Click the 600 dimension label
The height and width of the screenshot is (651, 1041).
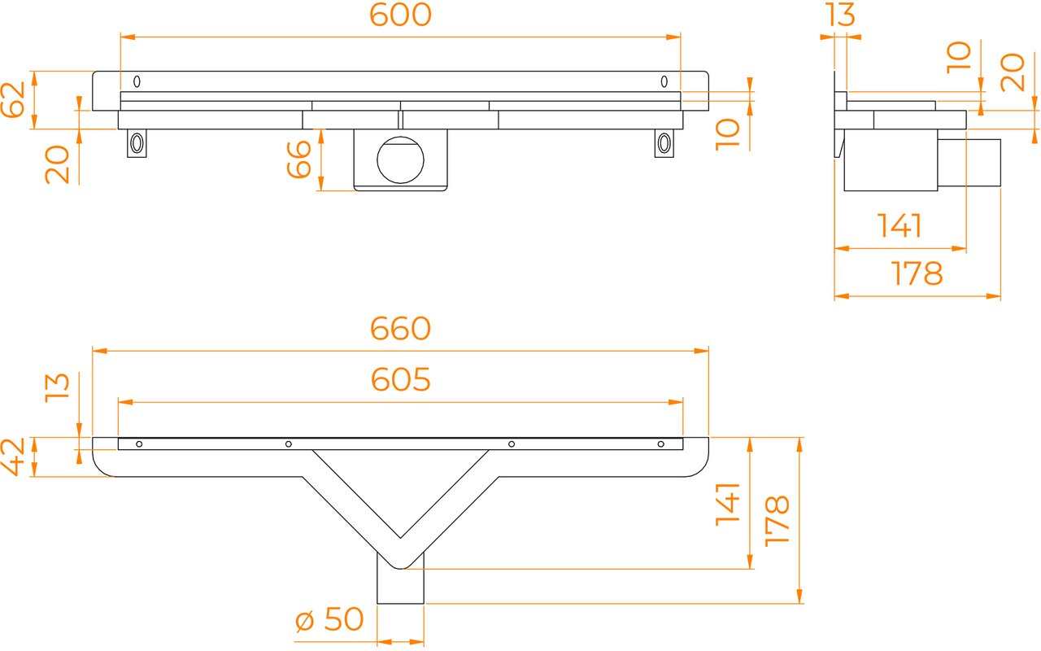click(x=401, y=15)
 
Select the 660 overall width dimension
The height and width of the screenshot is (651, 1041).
click(x=401, y=329)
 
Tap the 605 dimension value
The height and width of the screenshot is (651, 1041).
click(x=401, y=380)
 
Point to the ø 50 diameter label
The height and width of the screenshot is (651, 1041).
click(x=329, y=619)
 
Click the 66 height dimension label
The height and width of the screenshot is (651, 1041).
click(x=298, y=159)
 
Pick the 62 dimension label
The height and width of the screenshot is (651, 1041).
click(x=12, y=99)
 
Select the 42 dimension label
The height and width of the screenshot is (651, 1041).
click(x=12, y=457)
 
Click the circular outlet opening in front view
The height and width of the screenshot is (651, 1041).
click(x=401, y=160)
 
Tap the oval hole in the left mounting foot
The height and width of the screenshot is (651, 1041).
click(x=137, y=142)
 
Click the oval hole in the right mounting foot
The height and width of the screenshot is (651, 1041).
click(x=664, y=142)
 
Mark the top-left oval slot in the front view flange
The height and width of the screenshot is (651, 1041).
click(x=137, y=81)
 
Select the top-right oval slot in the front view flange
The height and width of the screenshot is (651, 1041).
click(x=664, y=81)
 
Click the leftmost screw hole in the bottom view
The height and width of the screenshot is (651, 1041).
click(x=139, y=444)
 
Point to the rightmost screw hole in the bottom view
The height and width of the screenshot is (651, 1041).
click(x=661, y=444)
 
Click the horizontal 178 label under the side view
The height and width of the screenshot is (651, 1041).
click(x=917, y=273)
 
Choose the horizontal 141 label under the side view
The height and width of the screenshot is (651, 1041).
click(x=899, y=226)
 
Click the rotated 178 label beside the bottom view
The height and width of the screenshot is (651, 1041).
click(x=777, y=521)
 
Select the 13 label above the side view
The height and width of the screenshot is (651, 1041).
click(x=840, y=15)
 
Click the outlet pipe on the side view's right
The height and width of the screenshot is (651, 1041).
click(x=969, y=163)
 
